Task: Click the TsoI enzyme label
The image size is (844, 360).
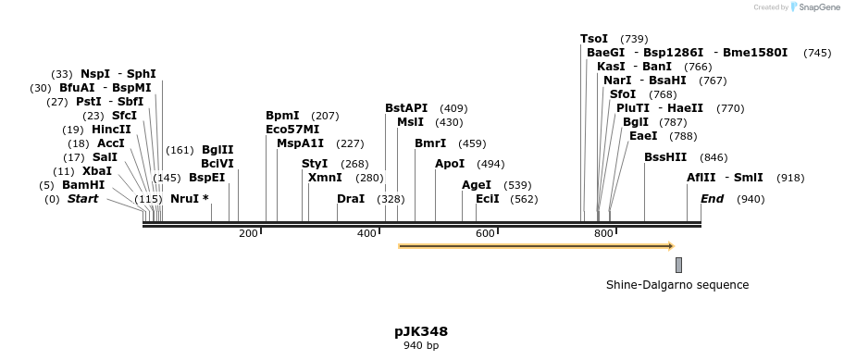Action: (x=594, y=39)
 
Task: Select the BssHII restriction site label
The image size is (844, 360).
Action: (x=665, y=157)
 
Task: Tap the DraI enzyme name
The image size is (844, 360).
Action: (x=351, y=199)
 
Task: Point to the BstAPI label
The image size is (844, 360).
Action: (x=406, y=108)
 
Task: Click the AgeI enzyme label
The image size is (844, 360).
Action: (x=477, y=185)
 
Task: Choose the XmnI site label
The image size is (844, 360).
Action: (x=325, y=178)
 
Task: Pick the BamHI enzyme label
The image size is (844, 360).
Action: (x=84, y=185)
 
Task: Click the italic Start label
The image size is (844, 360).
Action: (x=82, y=199)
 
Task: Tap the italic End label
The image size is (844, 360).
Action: (x=712, y=199)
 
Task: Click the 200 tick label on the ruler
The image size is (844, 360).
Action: (x=248, y=233)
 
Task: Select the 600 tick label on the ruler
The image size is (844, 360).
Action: (x=485, y=233)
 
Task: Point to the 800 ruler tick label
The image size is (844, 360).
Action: (x=603, y=233)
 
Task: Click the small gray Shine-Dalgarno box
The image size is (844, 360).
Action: (x=678, y=265)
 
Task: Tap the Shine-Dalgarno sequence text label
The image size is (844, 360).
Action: (x=677, y=285)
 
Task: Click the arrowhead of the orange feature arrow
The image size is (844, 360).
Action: (x=669, y=246)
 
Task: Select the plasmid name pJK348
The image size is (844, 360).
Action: (x=421, y=330)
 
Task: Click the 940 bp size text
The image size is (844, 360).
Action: (x=421, y=346)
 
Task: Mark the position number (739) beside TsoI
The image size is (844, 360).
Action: (x=634, y=39)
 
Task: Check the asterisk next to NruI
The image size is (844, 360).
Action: (x=205, y=199)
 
